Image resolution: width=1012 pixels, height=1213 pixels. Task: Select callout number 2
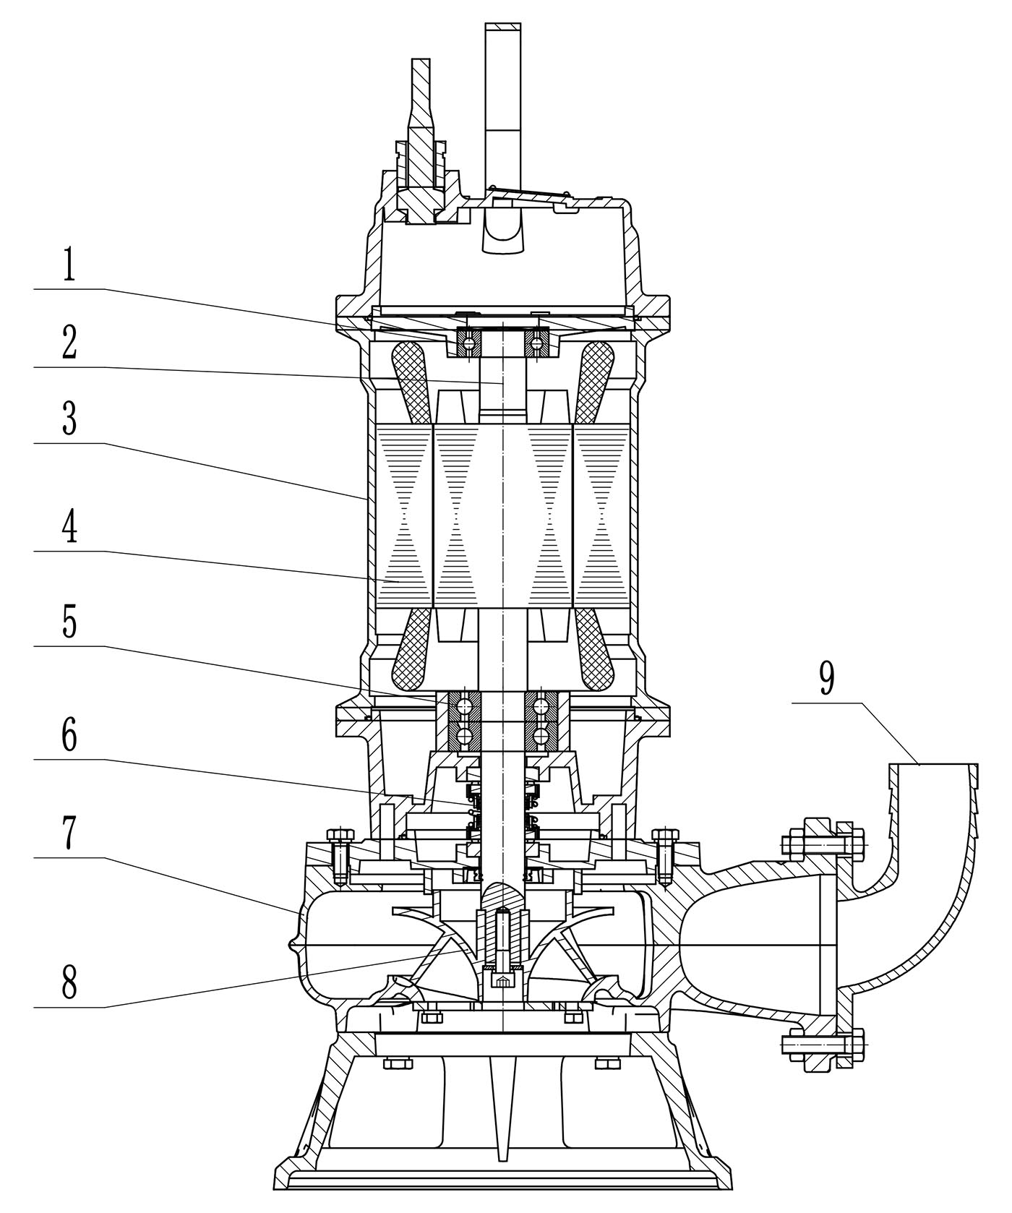point(69,344)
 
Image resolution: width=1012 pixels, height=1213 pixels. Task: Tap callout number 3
point(69,420)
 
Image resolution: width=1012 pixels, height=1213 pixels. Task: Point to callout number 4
point(69,528)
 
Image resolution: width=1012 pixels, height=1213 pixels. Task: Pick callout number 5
point(69,622)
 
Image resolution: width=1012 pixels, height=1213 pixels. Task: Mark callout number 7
point(69,835)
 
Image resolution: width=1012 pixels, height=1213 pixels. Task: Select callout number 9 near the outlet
point(826,679)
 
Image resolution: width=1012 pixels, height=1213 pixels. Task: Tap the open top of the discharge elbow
point(933,766)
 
